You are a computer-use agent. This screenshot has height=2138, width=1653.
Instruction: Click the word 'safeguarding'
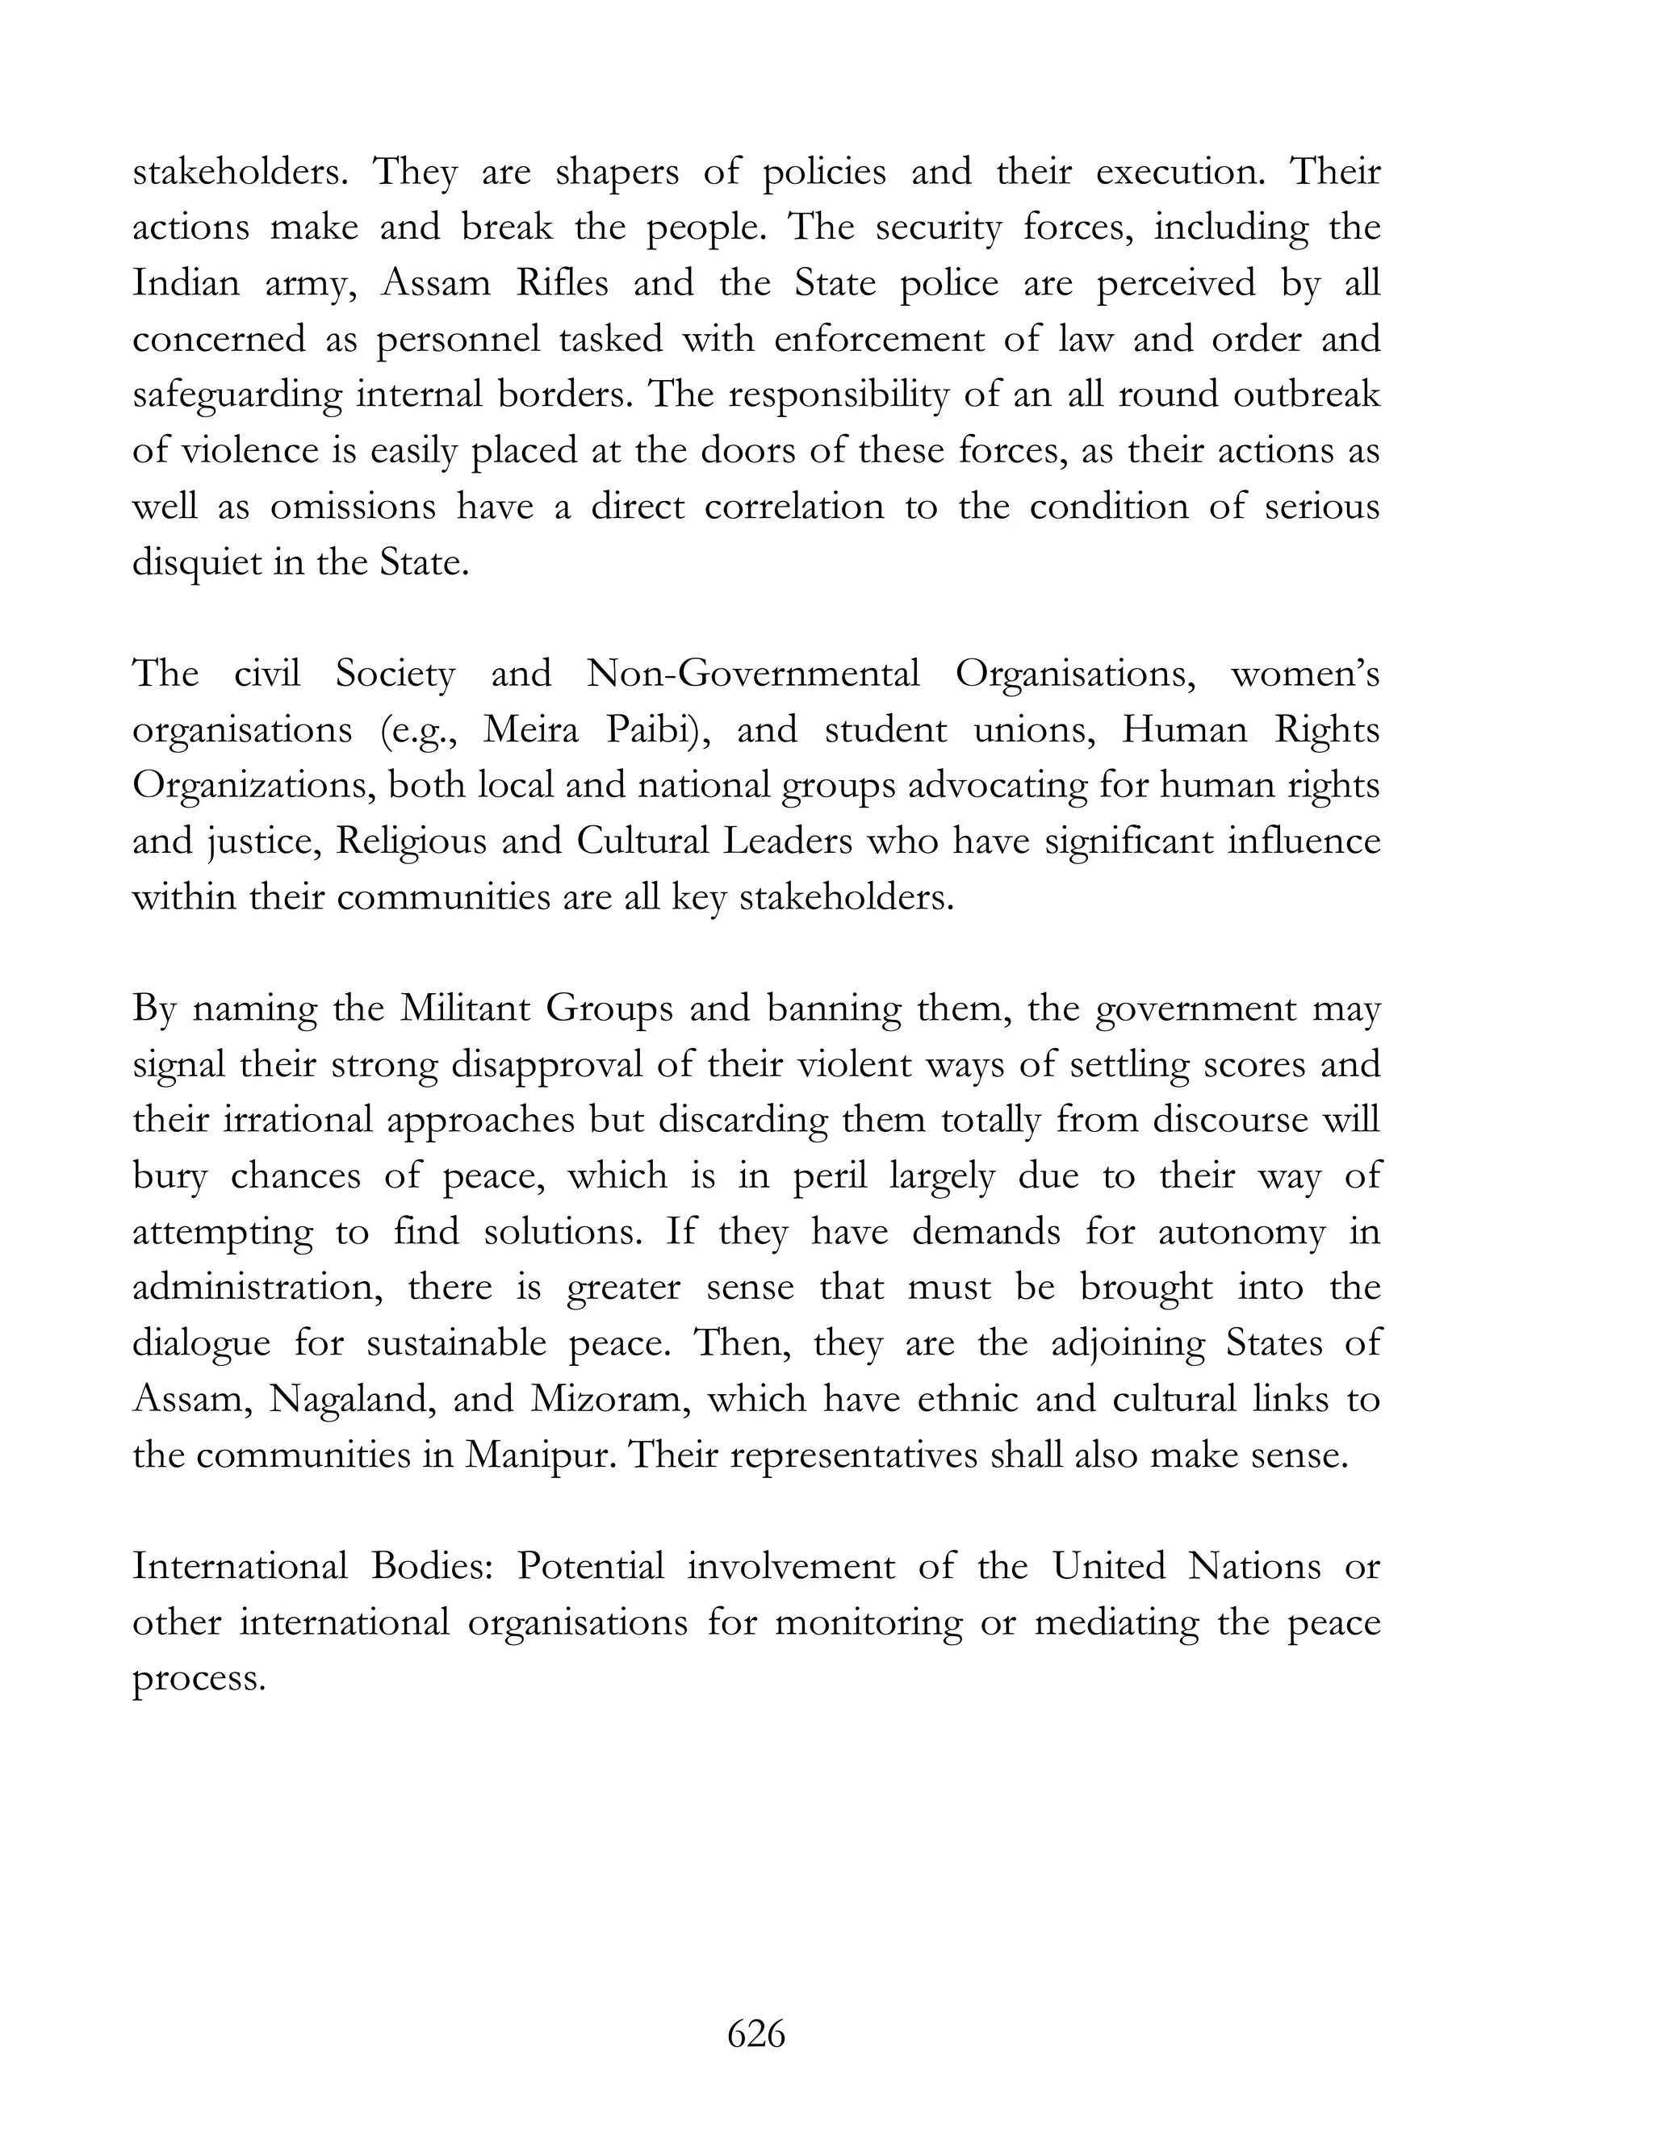click(x=237, y=395)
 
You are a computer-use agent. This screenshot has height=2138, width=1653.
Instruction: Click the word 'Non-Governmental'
click(x=752, y=674)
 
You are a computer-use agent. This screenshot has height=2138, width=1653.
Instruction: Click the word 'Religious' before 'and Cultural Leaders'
click(x=410, y=841)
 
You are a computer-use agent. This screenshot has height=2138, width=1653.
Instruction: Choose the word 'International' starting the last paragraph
click(x=240, y=1566)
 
